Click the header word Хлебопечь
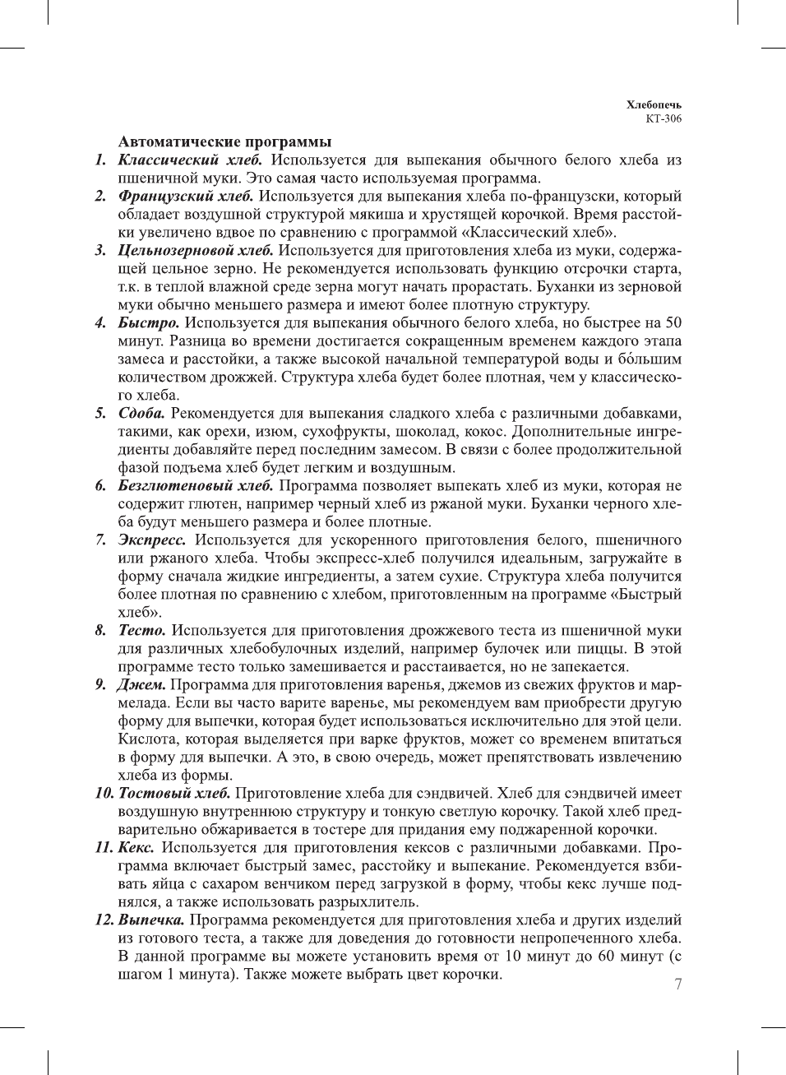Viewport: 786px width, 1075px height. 653,104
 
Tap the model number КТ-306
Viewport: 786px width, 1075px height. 663,118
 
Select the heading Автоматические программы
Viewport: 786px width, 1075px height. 224,141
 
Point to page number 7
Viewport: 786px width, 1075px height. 677,984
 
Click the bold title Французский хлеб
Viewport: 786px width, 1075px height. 186,196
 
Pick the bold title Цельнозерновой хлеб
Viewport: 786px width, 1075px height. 196,250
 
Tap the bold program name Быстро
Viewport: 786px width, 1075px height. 148,322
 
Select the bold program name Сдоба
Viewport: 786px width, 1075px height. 141,413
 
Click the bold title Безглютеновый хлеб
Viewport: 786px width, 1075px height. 196,485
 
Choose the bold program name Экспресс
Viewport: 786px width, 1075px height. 152,540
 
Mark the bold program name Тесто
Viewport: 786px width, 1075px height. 141,630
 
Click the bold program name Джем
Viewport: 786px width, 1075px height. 141,684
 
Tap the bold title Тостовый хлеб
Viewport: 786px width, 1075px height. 174,793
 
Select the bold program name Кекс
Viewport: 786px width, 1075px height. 136,847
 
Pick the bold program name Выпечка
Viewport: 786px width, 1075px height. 151,920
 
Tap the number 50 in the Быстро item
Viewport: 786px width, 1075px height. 673,322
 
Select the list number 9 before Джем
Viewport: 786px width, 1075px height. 99,684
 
